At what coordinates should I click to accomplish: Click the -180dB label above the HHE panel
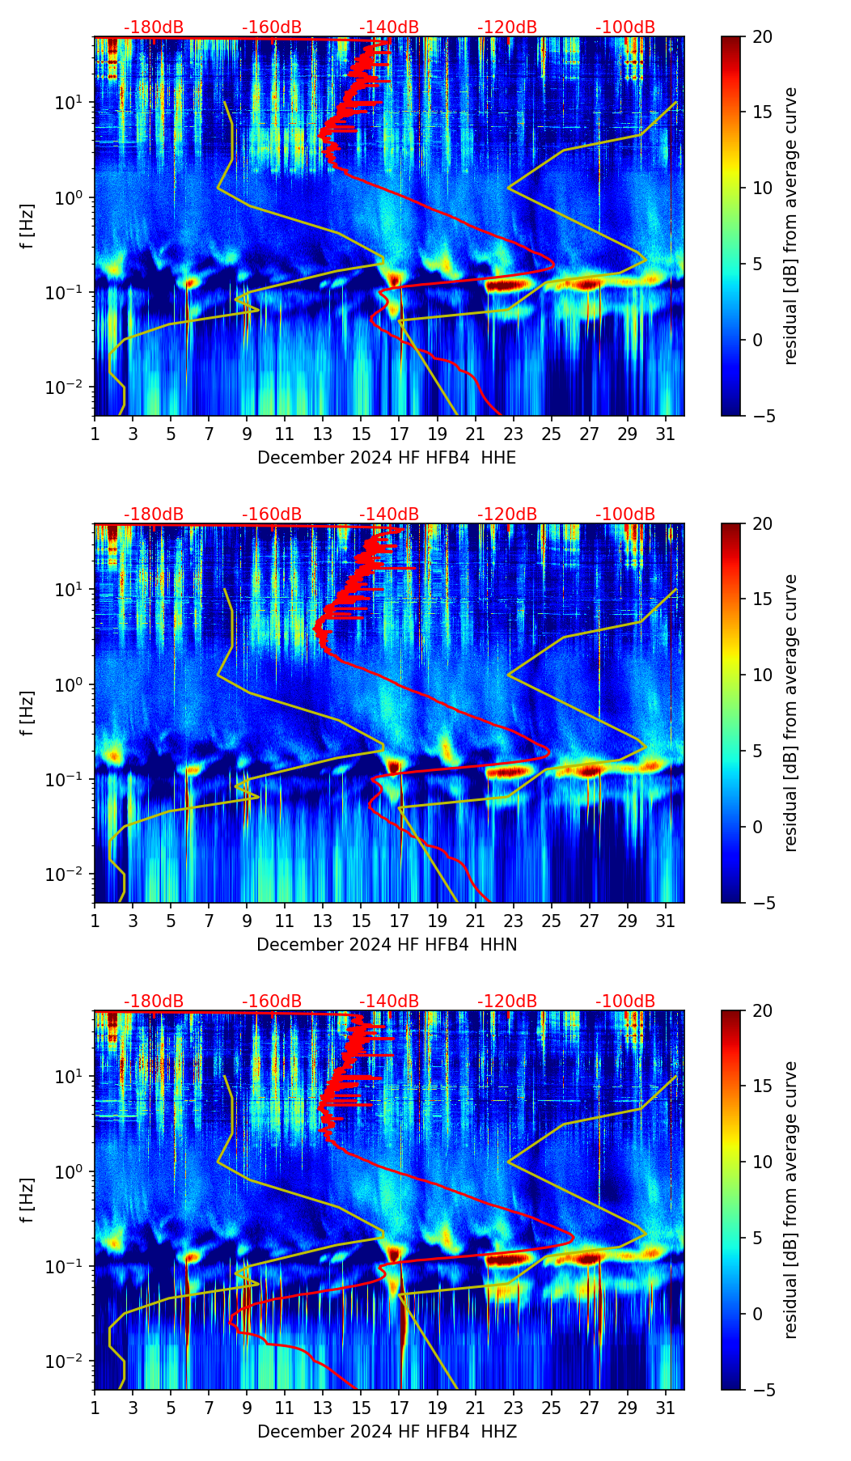(153, 28)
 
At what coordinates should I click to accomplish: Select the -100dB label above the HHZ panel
(625, 1002)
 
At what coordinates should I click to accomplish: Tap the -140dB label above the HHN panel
(389, 515)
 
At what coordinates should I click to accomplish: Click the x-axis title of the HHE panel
(387, 458)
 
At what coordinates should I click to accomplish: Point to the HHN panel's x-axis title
(387, 945)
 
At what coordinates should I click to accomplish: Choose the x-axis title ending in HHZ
(387, 1432)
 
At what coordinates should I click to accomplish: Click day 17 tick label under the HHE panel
(400, 434)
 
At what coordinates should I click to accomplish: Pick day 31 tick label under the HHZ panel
(666, 1408)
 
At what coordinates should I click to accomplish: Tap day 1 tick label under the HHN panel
(95, 921)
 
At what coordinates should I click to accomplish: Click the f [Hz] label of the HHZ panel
(28, 1200)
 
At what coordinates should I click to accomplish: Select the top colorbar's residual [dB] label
(790, 226)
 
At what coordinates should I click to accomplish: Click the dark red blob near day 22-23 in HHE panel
(507, 285)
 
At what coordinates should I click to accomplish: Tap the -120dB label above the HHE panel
(507, 28)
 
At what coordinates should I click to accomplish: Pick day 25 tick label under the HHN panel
(552, 921)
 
